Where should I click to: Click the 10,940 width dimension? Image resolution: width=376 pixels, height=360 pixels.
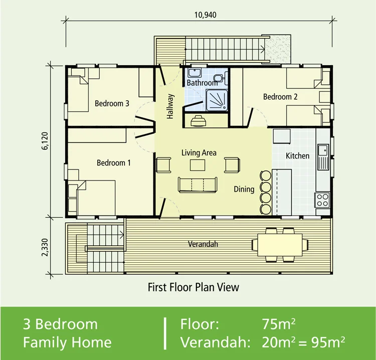[x=205, y=15]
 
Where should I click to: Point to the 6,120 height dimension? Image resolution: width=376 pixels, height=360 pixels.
[x=45, y=141]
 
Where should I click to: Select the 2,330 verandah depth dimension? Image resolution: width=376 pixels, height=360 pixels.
[x=45, y=247]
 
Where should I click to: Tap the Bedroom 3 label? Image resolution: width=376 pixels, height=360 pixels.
[x=112, y=103]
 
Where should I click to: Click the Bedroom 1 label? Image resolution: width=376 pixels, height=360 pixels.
[x=114, y=163]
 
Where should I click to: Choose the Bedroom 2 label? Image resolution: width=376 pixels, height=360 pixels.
[x=280, y=97]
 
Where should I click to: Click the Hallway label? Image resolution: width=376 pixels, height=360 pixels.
[x=170, y=106]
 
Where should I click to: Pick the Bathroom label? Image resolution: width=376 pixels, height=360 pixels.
[x=202, y=83]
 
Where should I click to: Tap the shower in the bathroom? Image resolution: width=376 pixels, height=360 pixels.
[x=217, y=100]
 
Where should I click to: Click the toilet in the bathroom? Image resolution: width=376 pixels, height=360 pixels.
[x=219, y=78]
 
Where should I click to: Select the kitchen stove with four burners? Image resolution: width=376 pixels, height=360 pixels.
[x=322, y=200]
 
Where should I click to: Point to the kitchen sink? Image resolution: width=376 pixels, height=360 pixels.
[x=323, y=157]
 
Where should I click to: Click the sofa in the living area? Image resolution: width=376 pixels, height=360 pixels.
[x=198, y=185]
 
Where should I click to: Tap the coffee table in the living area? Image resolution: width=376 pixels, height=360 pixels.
[x=198, y=165]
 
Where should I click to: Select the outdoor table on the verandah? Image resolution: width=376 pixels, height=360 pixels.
[x=280, y=245]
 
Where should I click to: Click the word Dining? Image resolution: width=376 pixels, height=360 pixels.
[x=244, y=189]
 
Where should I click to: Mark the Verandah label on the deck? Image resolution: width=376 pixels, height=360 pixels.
[x=203, y=244]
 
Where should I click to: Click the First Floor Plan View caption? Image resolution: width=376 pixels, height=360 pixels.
[x=194, y=287]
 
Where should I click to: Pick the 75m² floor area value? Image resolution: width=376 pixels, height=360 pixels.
[x=278, y=324]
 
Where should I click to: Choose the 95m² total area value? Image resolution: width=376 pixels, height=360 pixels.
[x=328, y=342]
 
